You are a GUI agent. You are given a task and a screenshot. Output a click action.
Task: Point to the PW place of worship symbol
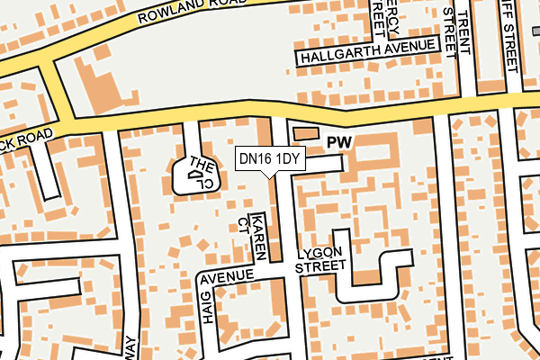(x=338, y=142)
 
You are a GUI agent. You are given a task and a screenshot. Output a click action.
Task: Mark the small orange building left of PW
(x=306, y=133)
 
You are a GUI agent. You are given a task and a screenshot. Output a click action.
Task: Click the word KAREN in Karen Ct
(x=259, y=237)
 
